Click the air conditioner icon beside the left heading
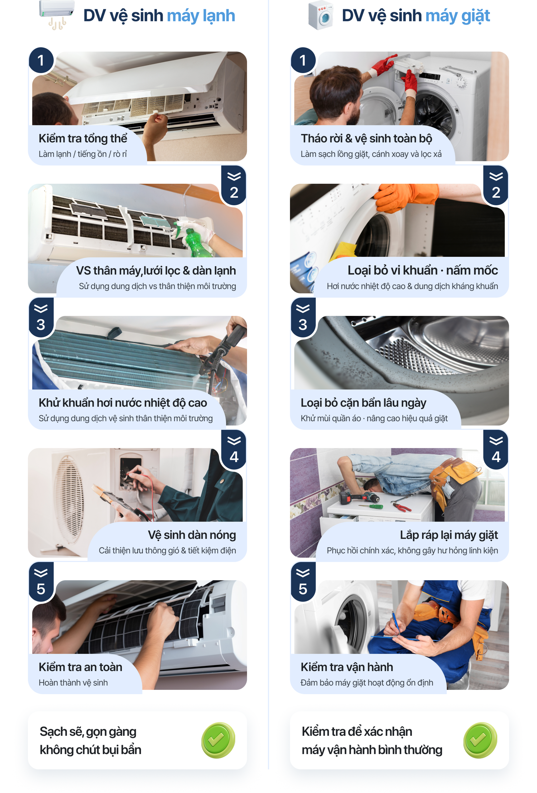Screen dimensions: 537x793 pos(57,14)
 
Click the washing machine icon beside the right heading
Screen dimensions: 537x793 pos(321,15)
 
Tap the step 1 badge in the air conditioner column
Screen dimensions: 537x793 pos(41,60)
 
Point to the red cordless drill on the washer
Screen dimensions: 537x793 pos(360,497)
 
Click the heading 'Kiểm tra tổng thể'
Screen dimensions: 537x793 pos(83,138)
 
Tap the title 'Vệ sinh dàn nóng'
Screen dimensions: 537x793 pos(192,535)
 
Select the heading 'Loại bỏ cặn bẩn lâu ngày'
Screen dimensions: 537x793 pos(363,403)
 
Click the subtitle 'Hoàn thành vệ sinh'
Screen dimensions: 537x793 pos(73,683)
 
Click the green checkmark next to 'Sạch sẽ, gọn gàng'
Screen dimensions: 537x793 pos(218,740)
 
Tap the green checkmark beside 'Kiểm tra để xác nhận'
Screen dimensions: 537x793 pos(480,740)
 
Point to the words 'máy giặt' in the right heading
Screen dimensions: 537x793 pos(458,16)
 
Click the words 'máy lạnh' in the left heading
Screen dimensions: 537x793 pos(201,16)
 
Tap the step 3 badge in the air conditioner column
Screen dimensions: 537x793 pos(41,317)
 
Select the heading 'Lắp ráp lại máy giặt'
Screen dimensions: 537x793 pos(449,535)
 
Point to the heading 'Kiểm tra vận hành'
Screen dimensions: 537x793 pos(347,667)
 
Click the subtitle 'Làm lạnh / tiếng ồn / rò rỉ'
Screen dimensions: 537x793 pos(83,154)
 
